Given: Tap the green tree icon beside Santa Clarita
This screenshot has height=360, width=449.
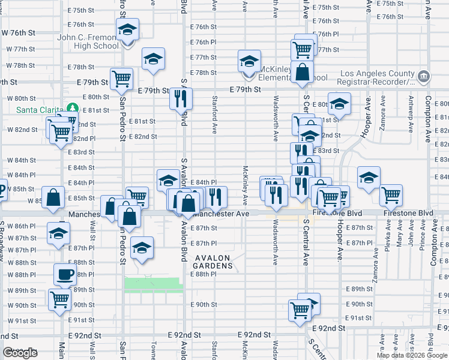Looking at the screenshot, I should tap(73, 108).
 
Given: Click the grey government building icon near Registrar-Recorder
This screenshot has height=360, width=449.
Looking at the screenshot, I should tap(423, 76).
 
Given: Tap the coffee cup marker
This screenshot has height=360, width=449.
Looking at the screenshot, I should tap(65, 275).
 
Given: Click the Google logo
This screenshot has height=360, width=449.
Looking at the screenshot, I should tap(20, 353).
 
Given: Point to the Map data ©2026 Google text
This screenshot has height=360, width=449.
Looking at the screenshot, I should tap(412, 355).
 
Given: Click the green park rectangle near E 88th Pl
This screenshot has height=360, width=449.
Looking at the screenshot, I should tap(153, 285).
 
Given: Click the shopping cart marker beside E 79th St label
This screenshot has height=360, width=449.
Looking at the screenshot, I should tap(122, 79).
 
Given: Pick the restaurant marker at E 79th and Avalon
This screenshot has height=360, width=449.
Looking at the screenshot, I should tap(181, 98).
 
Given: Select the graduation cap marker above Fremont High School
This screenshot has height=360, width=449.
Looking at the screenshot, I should tap(127, 29).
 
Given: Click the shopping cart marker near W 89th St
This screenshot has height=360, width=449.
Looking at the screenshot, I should tap(59, 299).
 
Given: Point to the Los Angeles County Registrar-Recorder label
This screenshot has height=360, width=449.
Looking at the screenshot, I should tap(377, 77).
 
